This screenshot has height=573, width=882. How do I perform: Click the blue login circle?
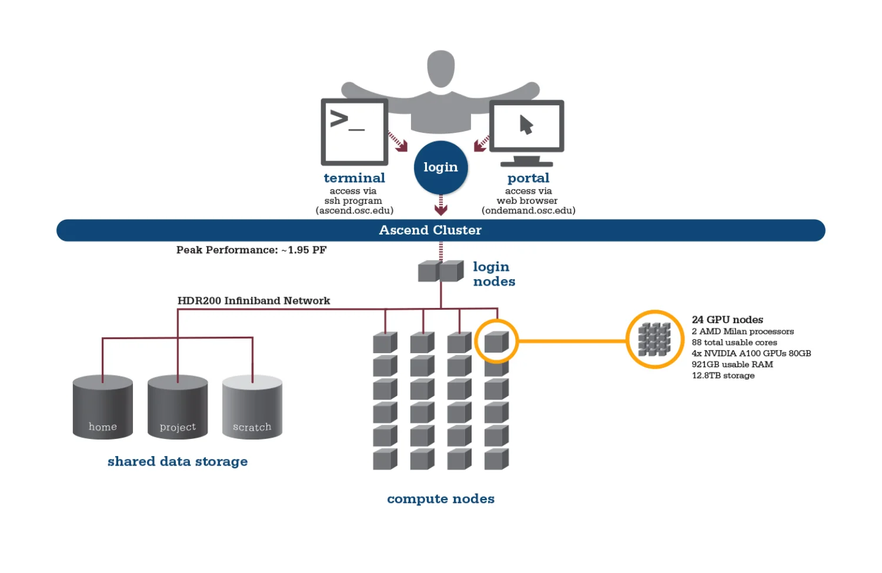coord(440,167)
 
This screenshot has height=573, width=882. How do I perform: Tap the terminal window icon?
coord(355,132)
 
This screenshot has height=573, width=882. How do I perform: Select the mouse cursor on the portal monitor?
coord(526,125)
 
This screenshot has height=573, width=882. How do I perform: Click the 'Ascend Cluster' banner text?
coord(430,230)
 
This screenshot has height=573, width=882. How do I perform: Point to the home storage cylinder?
coord(103,407)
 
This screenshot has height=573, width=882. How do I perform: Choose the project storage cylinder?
coord(178,407)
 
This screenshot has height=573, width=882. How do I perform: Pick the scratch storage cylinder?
coord(252,407)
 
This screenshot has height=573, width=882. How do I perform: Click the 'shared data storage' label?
coord(178,461)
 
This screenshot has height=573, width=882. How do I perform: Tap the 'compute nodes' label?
coord(440,498)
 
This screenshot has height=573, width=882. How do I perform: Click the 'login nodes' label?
coord(494,274)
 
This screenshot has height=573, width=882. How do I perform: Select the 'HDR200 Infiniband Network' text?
coord(253,301)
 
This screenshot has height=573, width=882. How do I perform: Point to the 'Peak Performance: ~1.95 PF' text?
coord(251,250)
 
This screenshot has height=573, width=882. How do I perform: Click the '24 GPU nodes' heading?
coord(727,320)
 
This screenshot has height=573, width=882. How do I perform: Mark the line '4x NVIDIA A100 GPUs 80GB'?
coord(751,353)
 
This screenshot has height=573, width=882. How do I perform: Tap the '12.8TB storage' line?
coord(723,376)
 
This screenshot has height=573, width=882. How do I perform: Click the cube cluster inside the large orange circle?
coord(654,339)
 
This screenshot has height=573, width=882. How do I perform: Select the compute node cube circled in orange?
coord(496,341)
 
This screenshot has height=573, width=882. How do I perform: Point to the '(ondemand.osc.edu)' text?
coord(529,210)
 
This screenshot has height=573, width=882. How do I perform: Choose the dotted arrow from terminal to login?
coord(397,142)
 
